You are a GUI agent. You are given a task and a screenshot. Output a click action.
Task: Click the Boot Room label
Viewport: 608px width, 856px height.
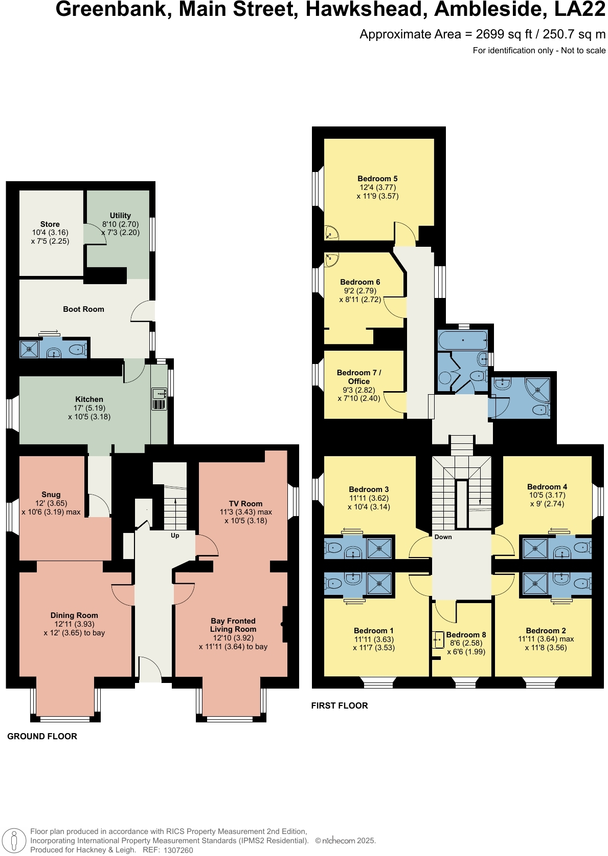point(83,309)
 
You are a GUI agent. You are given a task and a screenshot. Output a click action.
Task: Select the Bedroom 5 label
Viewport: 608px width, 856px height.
point(377,179)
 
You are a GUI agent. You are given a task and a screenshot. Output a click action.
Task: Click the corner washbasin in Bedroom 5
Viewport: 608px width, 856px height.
point(331,234)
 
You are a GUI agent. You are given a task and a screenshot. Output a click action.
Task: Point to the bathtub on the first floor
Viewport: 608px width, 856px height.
point(462,340)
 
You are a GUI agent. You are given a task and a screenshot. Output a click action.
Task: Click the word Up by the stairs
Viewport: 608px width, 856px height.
point(175,536)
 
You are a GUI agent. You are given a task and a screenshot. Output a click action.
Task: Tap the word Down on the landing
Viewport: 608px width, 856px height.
point(443,537)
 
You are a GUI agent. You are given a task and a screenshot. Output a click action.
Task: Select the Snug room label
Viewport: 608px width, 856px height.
point(51,495)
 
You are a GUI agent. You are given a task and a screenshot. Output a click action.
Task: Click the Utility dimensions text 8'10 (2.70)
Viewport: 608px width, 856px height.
point(120,224)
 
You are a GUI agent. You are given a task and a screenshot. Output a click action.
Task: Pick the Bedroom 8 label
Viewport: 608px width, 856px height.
point(466,635)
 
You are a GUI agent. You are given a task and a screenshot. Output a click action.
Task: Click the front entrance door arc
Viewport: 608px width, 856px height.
point(150,669)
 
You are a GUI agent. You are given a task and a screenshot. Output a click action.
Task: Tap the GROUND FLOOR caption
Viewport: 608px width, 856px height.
point(42,736)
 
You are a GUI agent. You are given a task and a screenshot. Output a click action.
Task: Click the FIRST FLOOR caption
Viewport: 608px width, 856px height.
point(340,705)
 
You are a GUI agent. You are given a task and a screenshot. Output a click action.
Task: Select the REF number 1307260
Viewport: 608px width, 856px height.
point(178,850)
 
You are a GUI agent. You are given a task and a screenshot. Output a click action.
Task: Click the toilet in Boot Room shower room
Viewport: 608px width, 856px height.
point(76,350)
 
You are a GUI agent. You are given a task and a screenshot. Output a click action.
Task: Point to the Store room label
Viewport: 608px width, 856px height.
point(50,224)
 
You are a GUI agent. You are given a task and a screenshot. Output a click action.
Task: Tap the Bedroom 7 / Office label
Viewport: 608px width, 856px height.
point(359,377)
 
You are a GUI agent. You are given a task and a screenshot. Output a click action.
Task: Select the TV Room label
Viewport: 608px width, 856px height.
point(245,504)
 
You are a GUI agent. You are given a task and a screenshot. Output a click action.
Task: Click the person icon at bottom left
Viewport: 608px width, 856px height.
point(14,841)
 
